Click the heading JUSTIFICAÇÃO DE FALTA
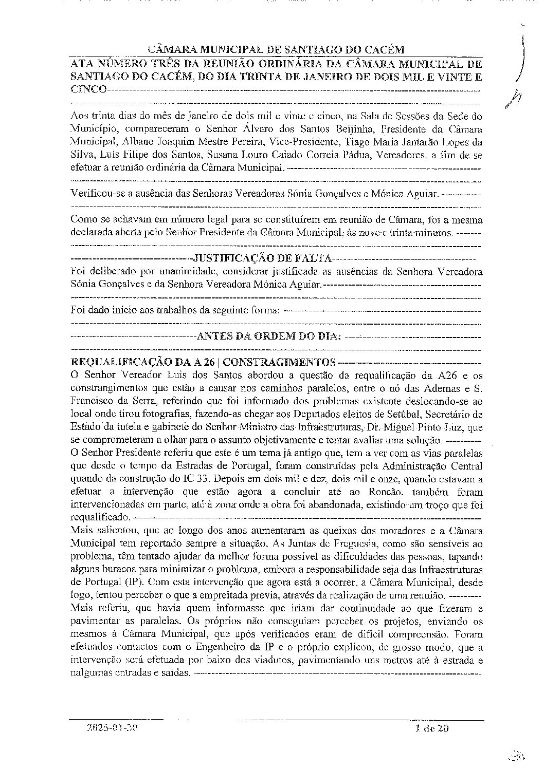(x=262, y=257)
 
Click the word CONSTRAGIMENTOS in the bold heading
(x=280, y=362)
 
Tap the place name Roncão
(x=379, y=493)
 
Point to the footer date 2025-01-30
(x=113, y=728)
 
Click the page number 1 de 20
(x=431, y=727)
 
